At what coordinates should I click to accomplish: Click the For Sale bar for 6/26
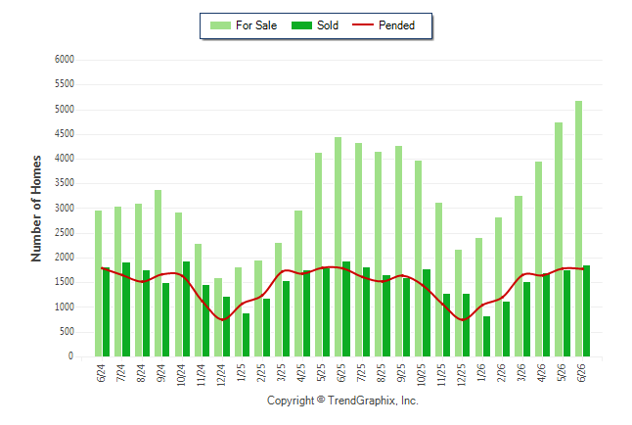(x=578, y=228)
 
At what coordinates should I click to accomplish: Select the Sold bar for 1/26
(x=486, y=336)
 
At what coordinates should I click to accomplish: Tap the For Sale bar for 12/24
(x=218, y=317)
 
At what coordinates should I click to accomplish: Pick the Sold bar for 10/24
(x=186, y=308)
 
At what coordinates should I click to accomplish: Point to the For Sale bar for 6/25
(x=339, y=247)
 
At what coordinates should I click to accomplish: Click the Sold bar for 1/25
(x=246, y=335)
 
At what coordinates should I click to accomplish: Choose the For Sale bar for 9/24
(x=158, y=273)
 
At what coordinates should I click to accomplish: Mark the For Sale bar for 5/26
(x=559, y=239)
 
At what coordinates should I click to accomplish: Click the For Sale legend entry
(x=244, y=25)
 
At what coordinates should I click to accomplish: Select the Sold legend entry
(x=315, y=25)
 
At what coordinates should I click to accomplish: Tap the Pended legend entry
(x=384, y=25)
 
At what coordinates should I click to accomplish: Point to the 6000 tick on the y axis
(x=65, y=60)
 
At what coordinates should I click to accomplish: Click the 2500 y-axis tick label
(x=65, y=233)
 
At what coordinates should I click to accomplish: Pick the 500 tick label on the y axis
(x=68, y=332)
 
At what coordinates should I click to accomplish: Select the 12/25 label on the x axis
(x=462, y=374)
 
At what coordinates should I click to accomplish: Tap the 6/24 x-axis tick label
(x=101, y=373)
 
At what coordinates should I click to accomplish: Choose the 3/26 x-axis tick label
(x=521, y=373)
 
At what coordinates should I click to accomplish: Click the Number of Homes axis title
(x=36, y=209)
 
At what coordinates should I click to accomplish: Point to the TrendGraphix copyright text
(x=342, y=401)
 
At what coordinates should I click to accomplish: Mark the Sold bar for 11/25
(x=446, y=325)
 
